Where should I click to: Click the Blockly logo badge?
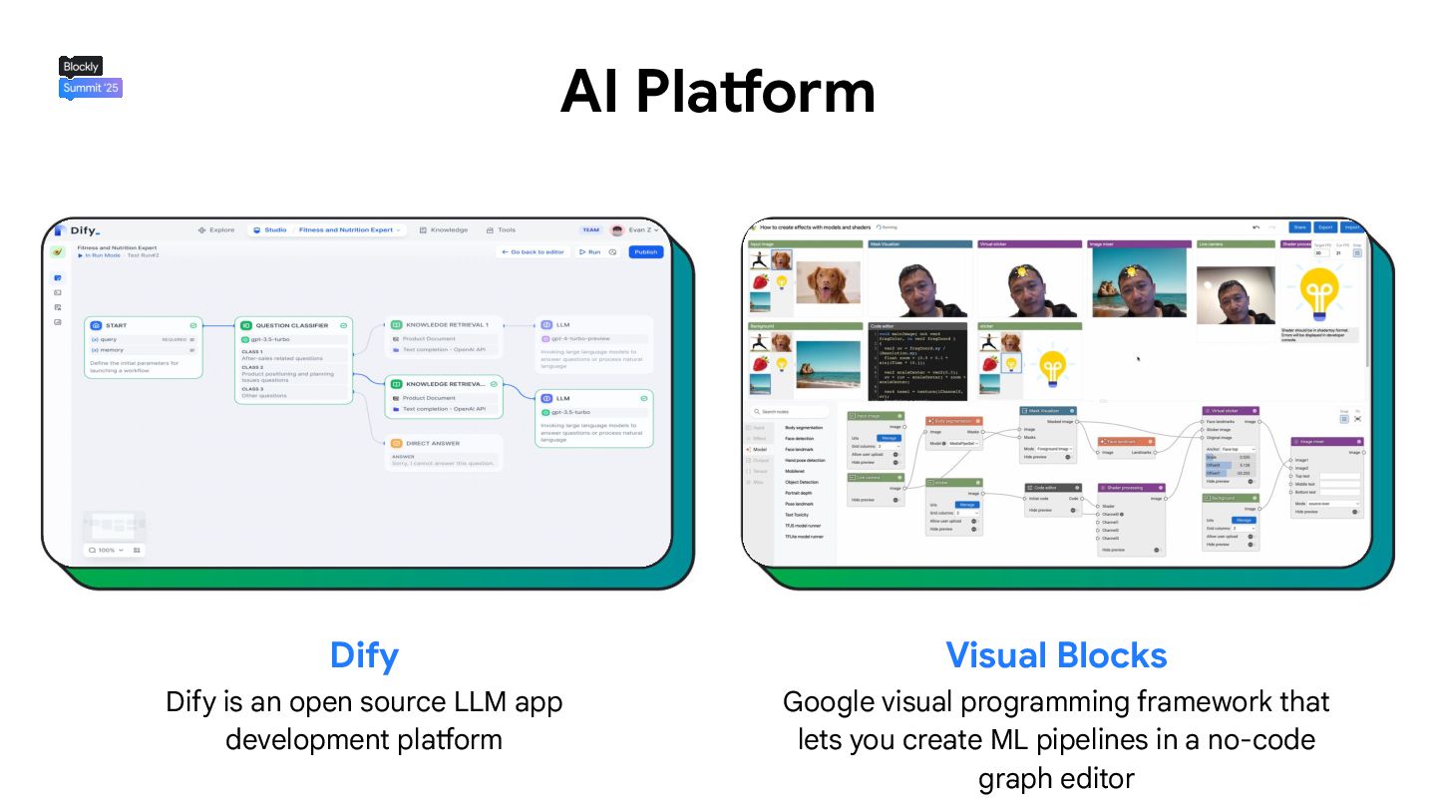(x=81, y=67)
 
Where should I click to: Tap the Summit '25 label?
(x=91, y=88)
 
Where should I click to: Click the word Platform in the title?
(x=756, y=92)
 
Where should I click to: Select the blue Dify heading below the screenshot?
(x=364, y=655)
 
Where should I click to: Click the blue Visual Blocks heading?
(x=1056, y=655)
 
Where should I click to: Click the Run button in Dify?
(x=590, y=252)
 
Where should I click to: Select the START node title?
(x=117, y=325)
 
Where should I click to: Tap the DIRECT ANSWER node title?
(x=433, y=443)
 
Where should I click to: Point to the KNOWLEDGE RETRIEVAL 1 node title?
(x=447, y=324)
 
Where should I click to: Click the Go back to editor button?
(x=533, y=252)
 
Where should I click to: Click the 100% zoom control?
(x=107, y=550)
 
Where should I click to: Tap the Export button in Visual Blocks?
(x=1324, y=227)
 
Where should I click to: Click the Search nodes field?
(x=790, y=411)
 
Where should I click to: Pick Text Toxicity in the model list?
(x=803, y=515)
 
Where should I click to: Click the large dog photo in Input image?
(x=828, y=282)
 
